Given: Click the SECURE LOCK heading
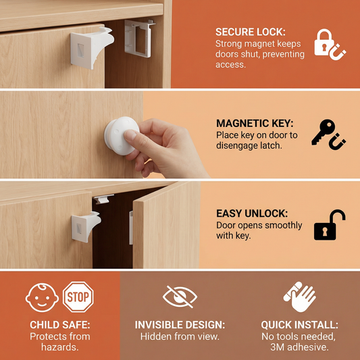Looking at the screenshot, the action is click(x=251, y=32).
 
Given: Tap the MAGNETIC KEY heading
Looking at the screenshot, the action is click(x=255, y=124).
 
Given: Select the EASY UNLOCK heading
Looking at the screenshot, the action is click(x=252, y=213).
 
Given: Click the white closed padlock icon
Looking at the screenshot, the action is click(x=324, y=43).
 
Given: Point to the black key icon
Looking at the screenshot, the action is click(x=323, y=131).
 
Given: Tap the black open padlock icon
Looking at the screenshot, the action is click(x=330, y=225).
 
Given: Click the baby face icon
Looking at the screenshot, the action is click(x=42, y=298).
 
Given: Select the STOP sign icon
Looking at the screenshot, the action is click(x=78, y=297).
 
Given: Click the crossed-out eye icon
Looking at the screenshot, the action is click(x=180, y=297).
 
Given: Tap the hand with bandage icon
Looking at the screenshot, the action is click(x=299, y=297).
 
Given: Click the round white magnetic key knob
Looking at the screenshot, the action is click(x=121, y=136).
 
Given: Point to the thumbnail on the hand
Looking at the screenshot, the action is click(x=130, y=135).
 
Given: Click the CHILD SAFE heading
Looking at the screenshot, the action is click(x=60, y=325).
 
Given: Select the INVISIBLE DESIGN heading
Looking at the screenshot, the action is click(x=180, y=325).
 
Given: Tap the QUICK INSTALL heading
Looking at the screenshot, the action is click(x=299, y=325).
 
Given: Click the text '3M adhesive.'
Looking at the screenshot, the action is click(x=299, y=347).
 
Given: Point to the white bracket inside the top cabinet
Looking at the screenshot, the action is click(x=139, y=38).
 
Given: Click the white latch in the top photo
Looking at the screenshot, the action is click(x=92, y=47).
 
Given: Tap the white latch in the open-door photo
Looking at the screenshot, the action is click(x=86, y=226).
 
